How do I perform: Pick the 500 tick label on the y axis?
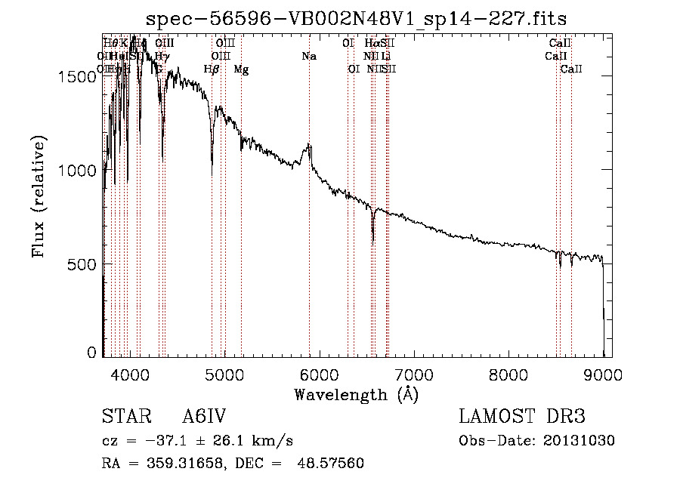[x=85, y=264]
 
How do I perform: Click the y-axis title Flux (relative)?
[x=39, y=196]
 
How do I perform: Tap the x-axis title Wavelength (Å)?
[x=356, y=394]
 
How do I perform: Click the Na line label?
[x=309, y=57]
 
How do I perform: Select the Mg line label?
[x=241, y=69]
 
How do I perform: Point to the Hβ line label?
[x=212, y=69]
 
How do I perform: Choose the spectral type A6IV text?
[x=204, y=418]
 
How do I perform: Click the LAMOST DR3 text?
[x=521, y=418]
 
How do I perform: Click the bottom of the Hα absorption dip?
[x=372, y=242]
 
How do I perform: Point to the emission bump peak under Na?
[x=308, y=145]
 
